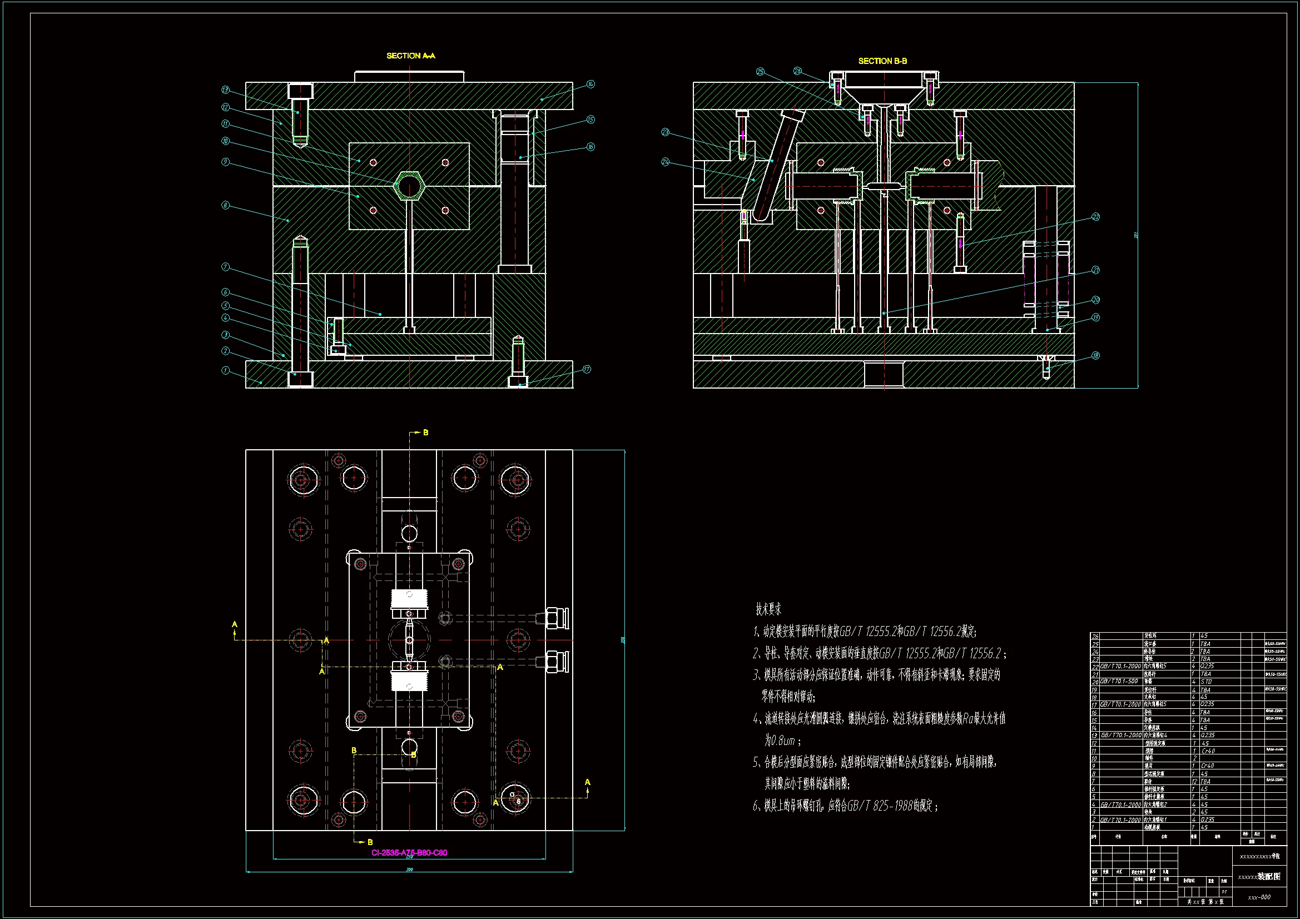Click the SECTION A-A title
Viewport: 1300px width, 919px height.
(x=410, y=56)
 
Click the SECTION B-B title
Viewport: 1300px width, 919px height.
(x=882, y=61)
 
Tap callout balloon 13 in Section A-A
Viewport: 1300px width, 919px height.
(x=225, y=90)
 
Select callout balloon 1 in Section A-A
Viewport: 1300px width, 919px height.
(x=225, y=370)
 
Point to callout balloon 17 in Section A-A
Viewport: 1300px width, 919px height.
(x=587, y=369)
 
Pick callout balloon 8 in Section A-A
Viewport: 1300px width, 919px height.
(x=225, y=205)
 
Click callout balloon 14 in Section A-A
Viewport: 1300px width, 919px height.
(x=591, y=84)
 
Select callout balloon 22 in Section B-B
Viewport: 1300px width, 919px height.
(x=1095, y=217)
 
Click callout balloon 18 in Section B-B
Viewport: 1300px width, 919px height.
(x=1095, y=356)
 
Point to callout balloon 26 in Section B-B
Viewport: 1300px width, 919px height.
(x=797, y=71)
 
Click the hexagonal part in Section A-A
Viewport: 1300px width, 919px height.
(x=409, y=185)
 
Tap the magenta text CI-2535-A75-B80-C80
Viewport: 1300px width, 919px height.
(x=409, y=853)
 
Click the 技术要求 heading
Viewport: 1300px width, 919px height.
(x=768, y=609)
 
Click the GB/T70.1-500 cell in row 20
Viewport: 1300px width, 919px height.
(x=1119, y=681)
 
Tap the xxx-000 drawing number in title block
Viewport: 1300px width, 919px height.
(x=1259, y=897)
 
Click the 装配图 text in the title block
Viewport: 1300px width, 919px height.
(x=1269, y=877)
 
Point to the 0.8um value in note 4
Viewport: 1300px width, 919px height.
(x=780, y=741)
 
